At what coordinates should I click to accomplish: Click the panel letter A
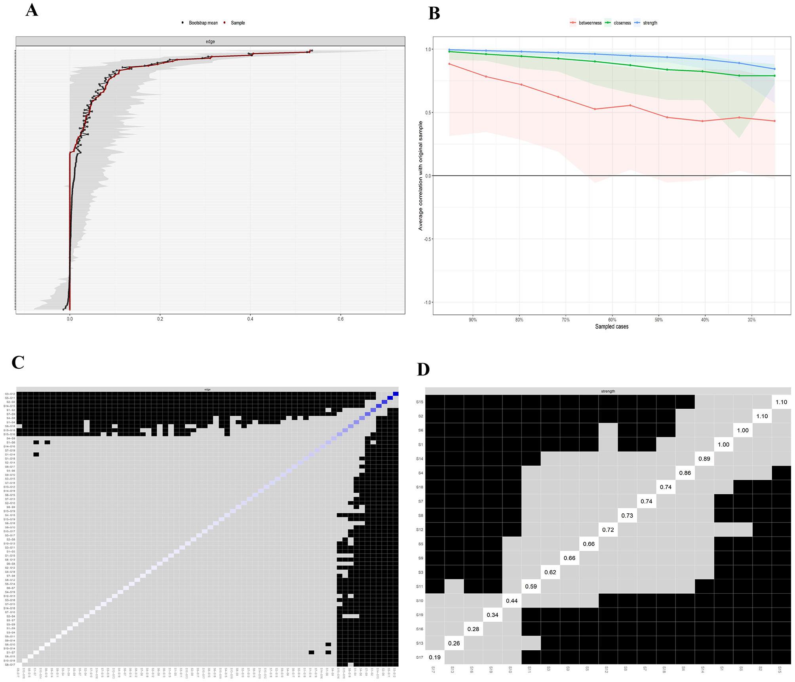pos(32,10)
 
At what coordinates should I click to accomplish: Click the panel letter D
pos(423,369)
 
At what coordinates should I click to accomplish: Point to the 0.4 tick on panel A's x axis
pos(250,318)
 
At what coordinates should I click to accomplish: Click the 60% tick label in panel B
pos(612,320)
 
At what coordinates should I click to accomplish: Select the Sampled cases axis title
pos(612,327)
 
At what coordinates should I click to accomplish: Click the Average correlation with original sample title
pos(420,176)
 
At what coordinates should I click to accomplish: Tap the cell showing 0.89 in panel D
pos(704,459)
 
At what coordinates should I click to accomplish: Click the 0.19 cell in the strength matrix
pos(435,657)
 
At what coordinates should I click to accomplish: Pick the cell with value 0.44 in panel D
pos(512,601)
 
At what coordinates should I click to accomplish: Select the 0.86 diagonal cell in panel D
pos(685,473)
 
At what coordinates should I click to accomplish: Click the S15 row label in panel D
pos(420,402)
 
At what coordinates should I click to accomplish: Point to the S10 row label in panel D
pos(420,601)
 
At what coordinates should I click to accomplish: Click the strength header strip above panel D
pos(608,391)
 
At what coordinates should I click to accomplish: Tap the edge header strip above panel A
pos(210,42)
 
